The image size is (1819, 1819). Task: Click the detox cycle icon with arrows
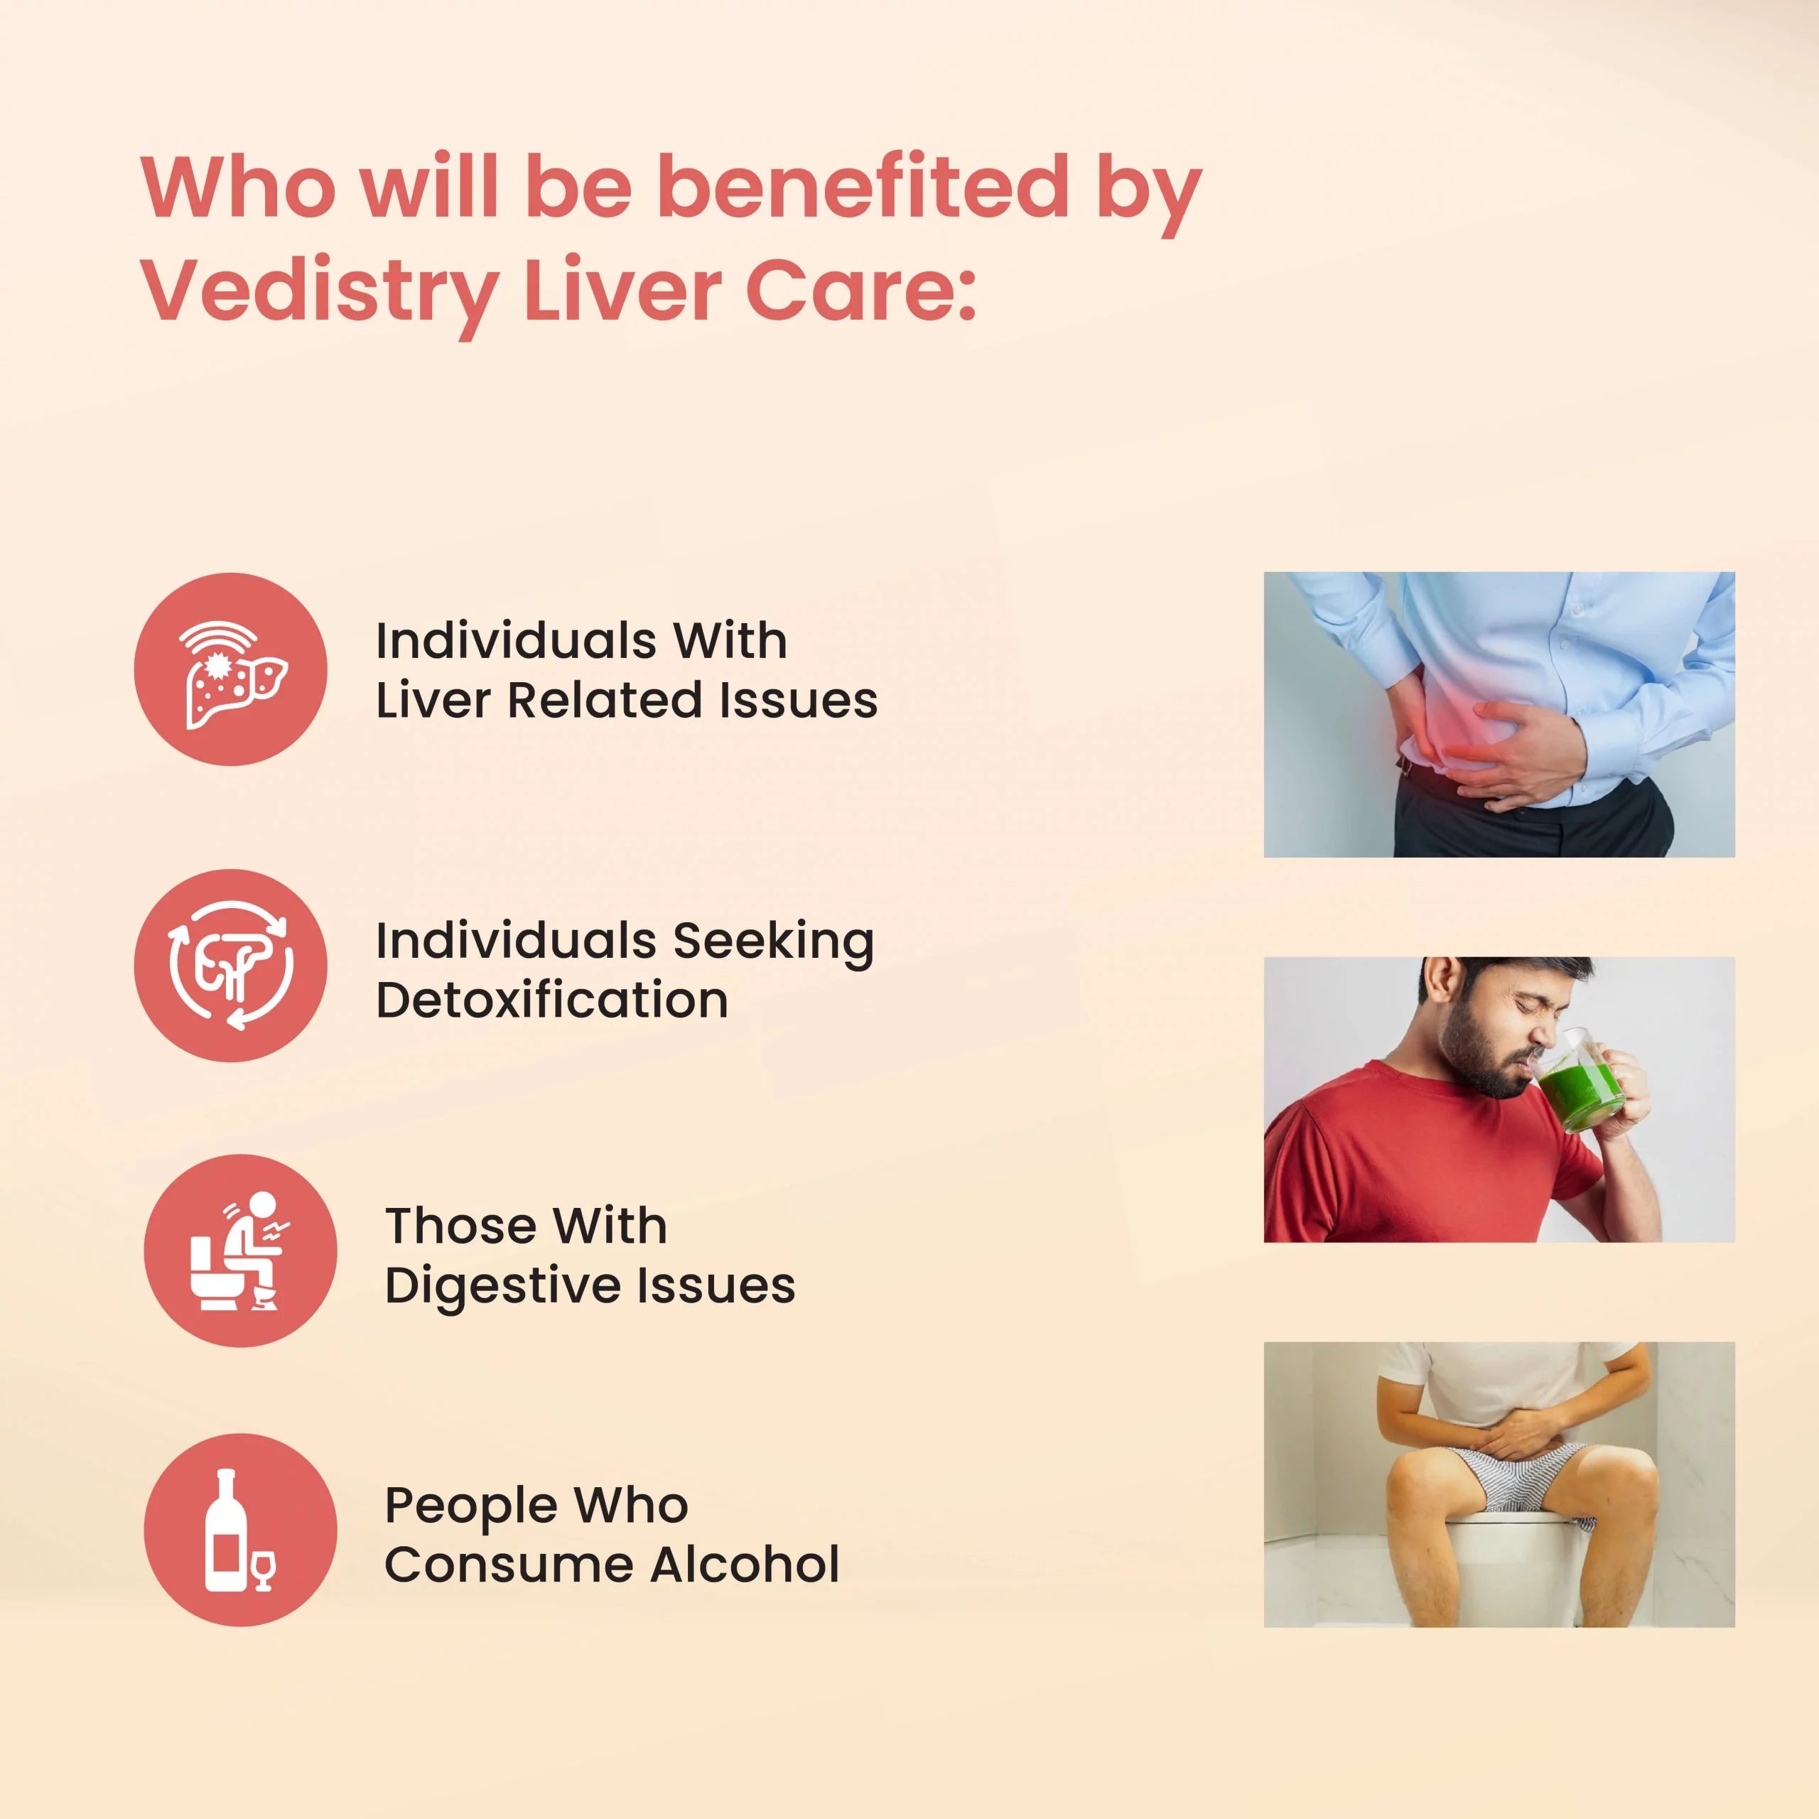point(231,965)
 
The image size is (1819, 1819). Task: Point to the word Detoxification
point(551,1000)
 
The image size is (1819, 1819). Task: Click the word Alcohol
point(744,1565)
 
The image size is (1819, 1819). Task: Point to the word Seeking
point(773,941)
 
